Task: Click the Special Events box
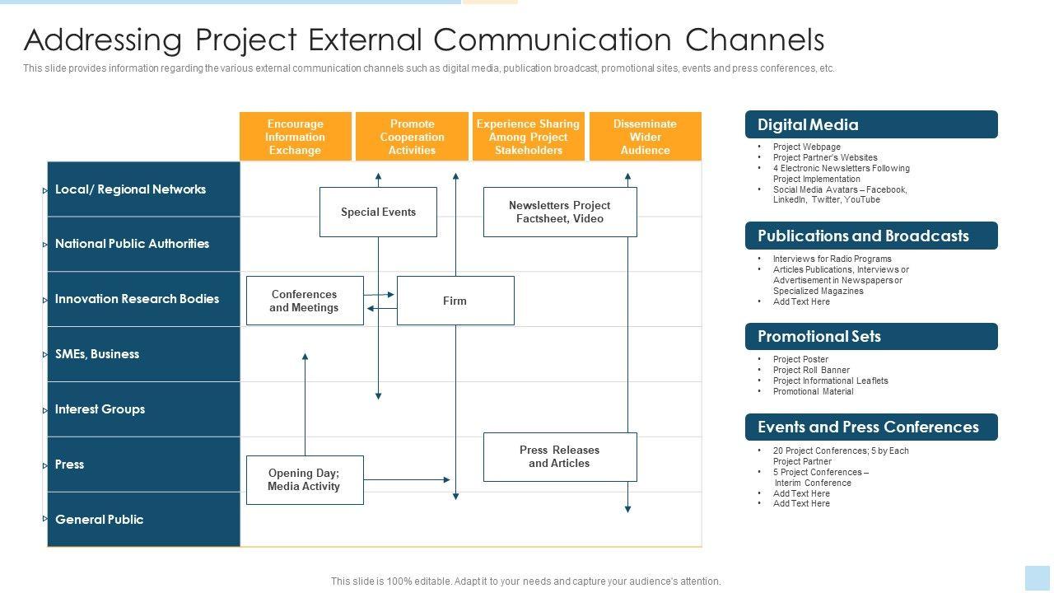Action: [378, 212]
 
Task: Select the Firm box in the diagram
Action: [455, 301]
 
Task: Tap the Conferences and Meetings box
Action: [305, 301]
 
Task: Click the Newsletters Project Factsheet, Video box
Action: [560, 212]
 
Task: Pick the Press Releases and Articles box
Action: [560, 456]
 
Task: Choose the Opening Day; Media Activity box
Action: [305, 479]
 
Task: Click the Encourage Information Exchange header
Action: [295, 137]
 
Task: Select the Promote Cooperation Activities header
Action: [412, 137]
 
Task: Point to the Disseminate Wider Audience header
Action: [646, 137]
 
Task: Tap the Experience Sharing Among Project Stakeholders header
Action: [528, 137]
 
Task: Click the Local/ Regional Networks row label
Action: [130, 189]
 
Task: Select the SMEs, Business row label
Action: [97, 354]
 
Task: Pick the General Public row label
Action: [99, 520]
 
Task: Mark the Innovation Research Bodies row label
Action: [137, 299]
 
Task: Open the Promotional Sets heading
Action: [819, 336]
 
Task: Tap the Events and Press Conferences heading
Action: [868, 427]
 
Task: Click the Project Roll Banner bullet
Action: [811, 370]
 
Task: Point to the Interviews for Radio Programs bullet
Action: [832, 259]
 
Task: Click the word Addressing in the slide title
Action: [103, 40]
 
